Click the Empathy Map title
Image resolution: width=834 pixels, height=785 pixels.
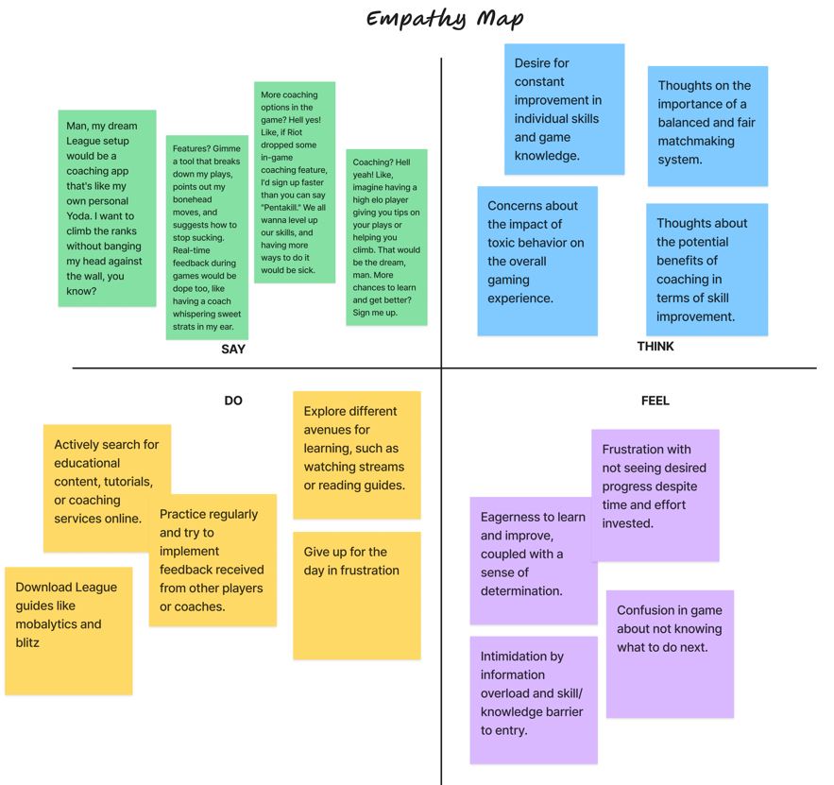pyautogui.click(x=444, y=19)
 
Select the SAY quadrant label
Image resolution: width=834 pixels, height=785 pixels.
pyautogui.click(x=233, y=350)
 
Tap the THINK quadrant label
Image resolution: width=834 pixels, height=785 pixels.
pyautogui.click(x=655, y=347)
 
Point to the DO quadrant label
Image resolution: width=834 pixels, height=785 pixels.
pyautogui.click(x=233, y=401)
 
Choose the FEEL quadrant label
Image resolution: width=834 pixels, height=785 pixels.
pyautogui.click(x=655, y=401)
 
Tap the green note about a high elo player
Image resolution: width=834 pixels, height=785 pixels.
pyautogui.click(x=386, y=237)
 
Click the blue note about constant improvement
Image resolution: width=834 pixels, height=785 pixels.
pyautogui.click(x=564, y=110)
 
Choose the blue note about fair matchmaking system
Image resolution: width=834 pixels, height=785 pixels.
pyautogui.click(x=706, y=126)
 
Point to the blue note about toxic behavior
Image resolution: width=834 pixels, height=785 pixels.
pyautogui.click(x=536, y=261)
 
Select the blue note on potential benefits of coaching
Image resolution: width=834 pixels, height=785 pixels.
pyautogui.click(x=706, y=269)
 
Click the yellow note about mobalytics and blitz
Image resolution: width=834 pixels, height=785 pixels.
pyautogui.click(x=68, y=630)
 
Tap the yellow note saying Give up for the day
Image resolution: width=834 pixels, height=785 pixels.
pyautogui.click(x=356, y=595)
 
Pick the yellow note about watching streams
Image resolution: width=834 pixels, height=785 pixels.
pyautogui.click(x=356, y=454)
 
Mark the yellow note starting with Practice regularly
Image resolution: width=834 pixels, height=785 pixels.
pyautogui.click(x=213, y=560)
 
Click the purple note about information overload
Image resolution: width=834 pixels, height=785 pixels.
pyautogui.click(x=534, y=699)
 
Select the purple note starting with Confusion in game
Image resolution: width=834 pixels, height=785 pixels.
pyautogui.click(x=670, y=654)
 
